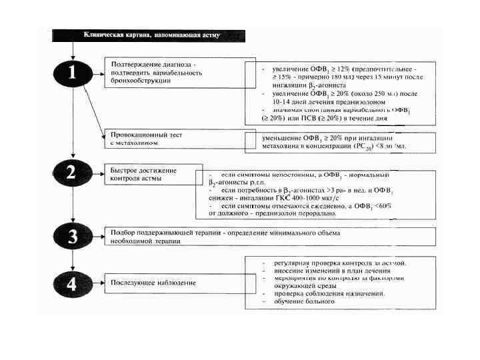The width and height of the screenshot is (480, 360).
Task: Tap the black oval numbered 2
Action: (71, 173)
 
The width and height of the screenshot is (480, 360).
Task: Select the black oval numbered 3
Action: (71, 237)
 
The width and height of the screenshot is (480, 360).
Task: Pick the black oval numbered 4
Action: (71, 283)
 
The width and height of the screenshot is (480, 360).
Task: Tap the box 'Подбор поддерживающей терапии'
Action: (270, 237)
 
